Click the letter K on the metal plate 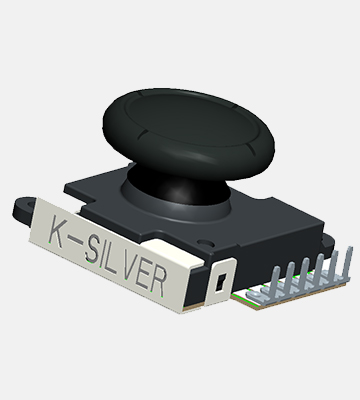(57, 231)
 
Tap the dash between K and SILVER (77, 241)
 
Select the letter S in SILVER (92, 248)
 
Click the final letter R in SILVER (158, 281)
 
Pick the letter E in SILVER (145, 273)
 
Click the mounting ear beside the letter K (25, 209)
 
